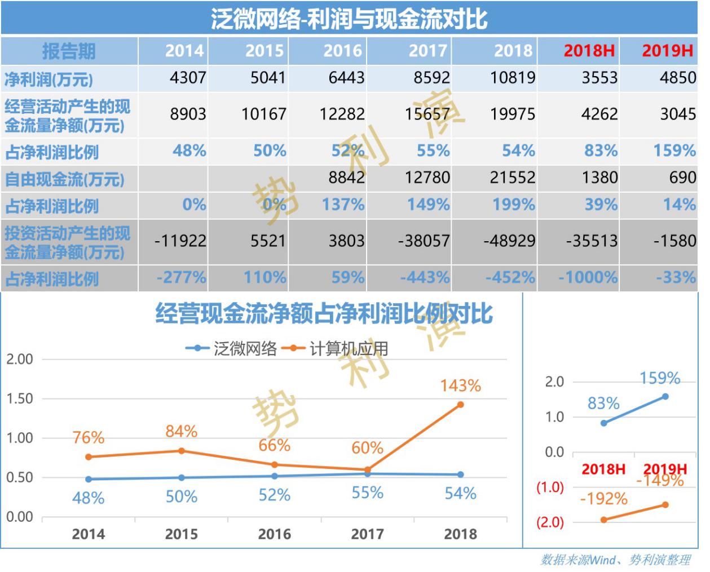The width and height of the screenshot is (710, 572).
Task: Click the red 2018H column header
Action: pos(589,51)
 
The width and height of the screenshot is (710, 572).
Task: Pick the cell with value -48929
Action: pos(509,241)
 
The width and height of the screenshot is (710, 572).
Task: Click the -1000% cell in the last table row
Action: pos(588,277)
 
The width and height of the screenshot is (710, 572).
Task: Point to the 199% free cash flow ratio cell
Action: pos(513,205)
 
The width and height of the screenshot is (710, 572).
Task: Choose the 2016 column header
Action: pos(342,51)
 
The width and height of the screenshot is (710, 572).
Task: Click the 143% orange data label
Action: pos(460,385)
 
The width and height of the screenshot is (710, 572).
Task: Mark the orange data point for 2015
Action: pos(182,451)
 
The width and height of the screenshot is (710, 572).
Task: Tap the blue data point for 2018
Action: pos(461,475)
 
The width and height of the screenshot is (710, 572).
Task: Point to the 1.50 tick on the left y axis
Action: pos(19,398)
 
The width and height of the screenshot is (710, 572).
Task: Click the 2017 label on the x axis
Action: pos(367,534)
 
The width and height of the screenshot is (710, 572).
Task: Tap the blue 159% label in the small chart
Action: pos(659,378)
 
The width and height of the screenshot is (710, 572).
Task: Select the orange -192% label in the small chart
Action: pos(603,499)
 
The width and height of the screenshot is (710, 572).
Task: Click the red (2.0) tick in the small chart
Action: pos(550,522)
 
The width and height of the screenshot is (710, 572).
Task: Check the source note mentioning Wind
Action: pos(615,560)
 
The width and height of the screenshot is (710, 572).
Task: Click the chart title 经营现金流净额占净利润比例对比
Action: pos(324,314)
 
